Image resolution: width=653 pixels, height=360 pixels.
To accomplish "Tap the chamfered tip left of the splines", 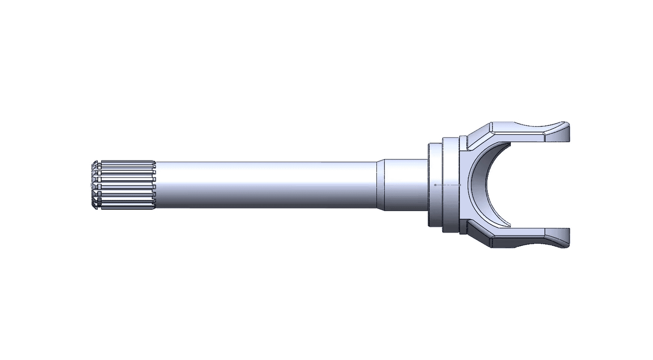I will point(94,185).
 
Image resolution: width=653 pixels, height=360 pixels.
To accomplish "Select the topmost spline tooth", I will point(128,163).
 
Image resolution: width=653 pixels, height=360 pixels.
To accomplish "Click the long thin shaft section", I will point(265,185).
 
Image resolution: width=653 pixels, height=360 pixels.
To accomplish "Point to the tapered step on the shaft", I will point(380,185).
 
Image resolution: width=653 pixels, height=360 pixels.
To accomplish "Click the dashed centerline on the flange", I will point(447,185).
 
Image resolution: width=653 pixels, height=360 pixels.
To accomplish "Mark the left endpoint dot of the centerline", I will point(435,185).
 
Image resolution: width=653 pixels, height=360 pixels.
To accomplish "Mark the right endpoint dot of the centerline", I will point(460,185).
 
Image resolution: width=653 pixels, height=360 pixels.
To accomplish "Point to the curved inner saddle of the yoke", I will point(477,185).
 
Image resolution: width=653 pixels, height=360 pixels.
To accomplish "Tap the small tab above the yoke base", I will point(463,143).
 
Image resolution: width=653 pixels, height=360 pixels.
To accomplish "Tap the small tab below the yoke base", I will point(463,227).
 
